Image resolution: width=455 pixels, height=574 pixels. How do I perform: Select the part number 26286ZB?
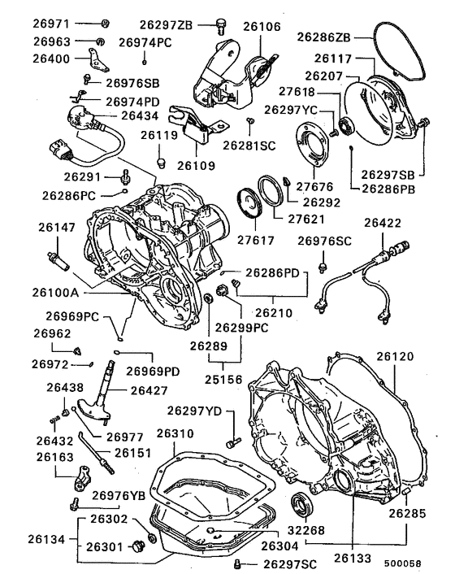pyautogui.click(x=325, y=37)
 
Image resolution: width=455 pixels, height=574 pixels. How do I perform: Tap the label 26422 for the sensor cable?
pyautogui.click(x=383, y=222)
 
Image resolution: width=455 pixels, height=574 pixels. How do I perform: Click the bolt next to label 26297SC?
pyautogui.click(x=237, y=563)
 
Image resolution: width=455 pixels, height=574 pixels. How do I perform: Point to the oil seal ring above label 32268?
pyautogui.click(x=302, y=503)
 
